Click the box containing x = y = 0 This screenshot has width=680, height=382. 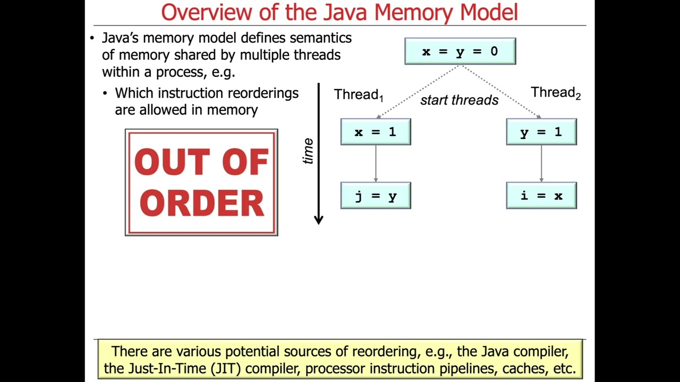click(460, 51)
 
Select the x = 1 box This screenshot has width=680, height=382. click(376, 132)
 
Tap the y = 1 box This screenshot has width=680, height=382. click(541, 132)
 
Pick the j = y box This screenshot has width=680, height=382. click(376, 196)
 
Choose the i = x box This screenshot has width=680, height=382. click(541, 196)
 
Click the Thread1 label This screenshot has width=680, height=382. click(358, 95)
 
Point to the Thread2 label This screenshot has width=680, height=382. click(555, 93)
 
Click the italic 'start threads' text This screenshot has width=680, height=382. click(459, 100)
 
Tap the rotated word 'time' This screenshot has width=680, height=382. click(308, 151)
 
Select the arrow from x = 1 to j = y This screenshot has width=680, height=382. click(376, 163)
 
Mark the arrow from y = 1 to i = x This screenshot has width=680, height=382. click(541, 163)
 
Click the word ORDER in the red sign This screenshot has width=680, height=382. click(201, 203)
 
